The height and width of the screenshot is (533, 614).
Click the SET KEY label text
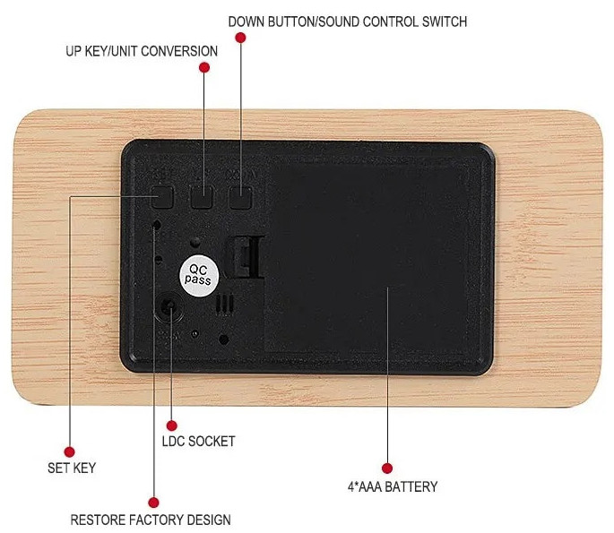pos(72,468)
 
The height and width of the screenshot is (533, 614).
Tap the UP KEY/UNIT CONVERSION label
pos(142,51)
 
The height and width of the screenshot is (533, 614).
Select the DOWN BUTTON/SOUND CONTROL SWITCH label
pos(347,21)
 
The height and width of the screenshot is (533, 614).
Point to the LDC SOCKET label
pos(198,441)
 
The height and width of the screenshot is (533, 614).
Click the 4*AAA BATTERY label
pos(393,486)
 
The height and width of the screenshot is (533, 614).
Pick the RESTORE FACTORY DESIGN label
pos(151,520)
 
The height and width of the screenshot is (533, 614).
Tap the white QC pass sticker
pos(198,276)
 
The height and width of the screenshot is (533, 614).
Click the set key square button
pos(163,197)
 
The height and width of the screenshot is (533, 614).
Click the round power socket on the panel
pos(169,307)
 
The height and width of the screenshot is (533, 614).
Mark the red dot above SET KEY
pos(69,452)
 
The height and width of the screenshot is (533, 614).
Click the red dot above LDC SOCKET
pos(171,426)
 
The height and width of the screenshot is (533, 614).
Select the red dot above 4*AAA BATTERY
pos(387,468)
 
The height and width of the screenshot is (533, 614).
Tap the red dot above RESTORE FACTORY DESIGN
pos(153,503)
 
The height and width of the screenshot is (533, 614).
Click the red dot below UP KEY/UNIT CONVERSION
pos(204,67)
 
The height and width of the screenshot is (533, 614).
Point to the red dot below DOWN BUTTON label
pos(240,38)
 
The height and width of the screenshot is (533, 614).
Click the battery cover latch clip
pos(246,256)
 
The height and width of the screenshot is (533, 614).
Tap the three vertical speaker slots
pos(224,305)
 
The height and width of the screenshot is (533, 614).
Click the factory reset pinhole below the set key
pos(157,225)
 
